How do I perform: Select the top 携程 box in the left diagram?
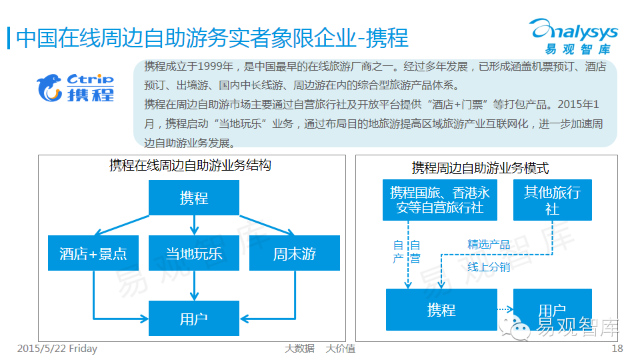193,198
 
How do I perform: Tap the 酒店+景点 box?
93,253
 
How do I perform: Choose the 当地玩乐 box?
193,253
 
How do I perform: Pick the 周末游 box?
294,253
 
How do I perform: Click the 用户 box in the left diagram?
193,318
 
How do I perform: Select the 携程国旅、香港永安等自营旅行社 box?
440,200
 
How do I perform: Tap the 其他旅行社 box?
552,200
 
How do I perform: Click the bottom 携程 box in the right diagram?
441,309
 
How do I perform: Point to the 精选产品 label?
489,245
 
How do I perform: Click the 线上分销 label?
489,267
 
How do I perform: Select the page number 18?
617,349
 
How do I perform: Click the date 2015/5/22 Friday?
57,349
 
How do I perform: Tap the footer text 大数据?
299,349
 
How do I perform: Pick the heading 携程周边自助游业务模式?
480,168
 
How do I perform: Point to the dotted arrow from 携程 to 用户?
505,309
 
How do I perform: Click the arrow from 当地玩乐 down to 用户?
193,285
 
